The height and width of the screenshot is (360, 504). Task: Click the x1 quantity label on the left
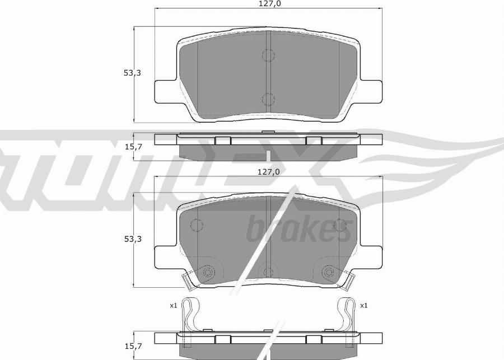(173, 305)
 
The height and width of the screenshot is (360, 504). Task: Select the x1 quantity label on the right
(363, 305)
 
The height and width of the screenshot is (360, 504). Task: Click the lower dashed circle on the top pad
(269, 99)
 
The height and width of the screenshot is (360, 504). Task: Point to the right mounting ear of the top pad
(372, 91)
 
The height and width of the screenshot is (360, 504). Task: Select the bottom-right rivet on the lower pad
(328, 272)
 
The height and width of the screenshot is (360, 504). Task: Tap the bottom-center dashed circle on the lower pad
(269, 270)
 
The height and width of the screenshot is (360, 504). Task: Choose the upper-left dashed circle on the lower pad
(197, 225)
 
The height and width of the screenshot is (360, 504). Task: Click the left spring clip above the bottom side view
(191, 316)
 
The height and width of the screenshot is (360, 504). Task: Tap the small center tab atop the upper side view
(269, 132)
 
